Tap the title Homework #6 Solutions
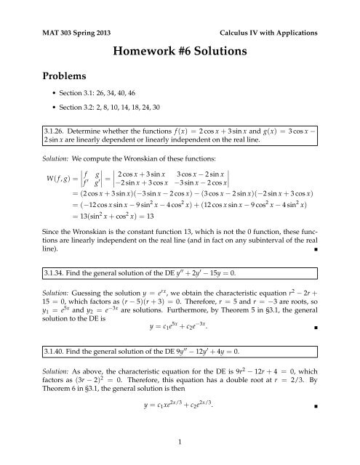click(180, 52)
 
